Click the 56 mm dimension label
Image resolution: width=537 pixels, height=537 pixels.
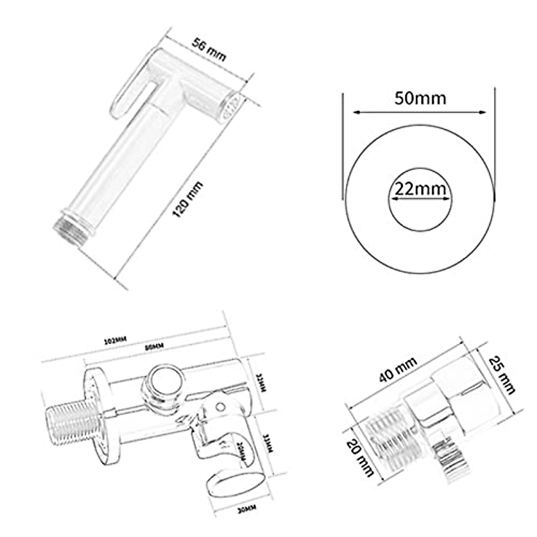coord(209,50)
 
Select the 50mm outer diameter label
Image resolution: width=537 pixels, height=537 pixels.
coord(420,98)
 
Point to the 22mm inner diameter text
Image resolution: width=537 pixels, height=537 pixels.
coord(420,190)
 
